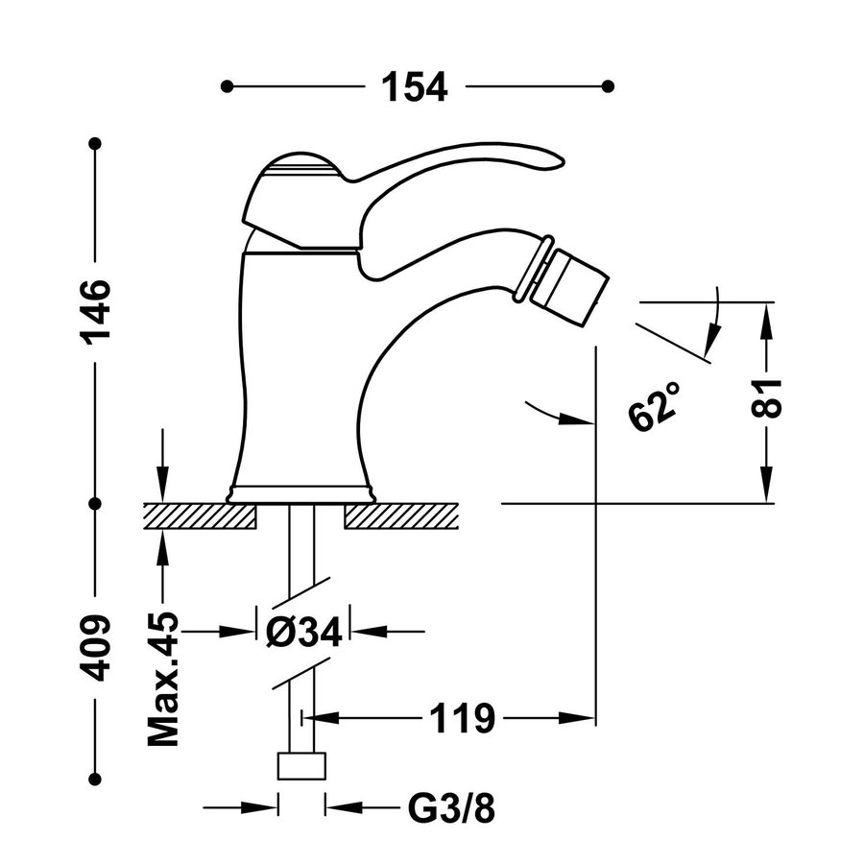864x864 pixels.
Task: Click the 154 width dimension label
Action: click(415, 86)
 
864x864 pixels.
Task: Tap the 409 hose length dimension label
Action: click(96, 647)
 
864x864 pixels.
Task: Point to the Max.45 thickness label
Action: click(164, 679)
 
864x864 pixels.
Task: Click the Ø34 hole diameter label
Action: click(302, 632)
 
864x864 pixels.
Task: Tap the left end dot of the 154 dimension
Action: click(227, 86)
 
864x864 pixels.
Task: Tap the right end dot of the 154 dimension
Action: click(608, 86)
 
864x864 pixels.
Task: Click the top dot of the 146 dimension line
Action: click(95, 144)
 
